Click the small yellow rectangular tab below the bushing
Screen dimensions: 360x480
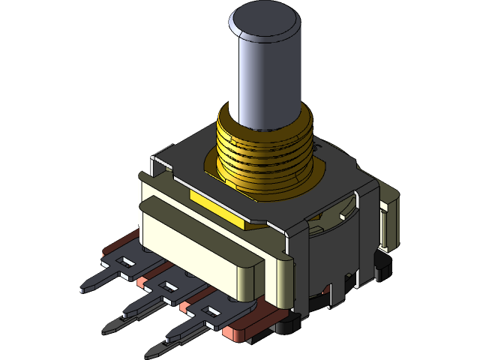click(x=217, y=207)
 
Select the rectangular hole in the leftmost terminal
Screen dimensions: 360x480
click(x=128, y=262)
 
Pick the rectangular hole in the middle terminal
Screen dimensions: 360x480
click(x=165, y=286)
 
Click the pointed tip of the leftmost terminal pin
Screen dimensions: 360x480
click(x=80, y=288)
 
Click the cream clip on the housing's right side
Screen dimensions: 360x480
click(x=389, y=221)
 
